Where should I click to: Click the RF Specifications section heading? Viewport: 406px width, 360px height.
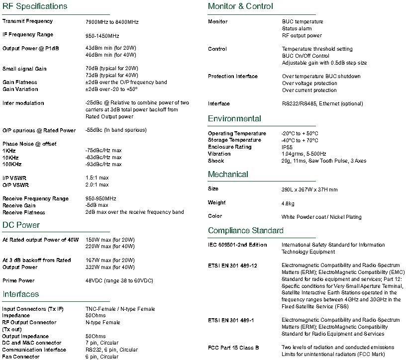click(x=35, y=6)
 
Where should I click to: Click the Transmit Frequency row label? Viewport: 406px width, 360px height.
click(x=27, y=21)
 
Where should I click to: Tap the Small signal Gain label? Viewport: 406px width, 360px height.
click(x=24, y=69)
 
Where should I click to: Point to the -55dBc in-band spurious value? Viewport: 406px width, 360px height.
click(x=116, y=130)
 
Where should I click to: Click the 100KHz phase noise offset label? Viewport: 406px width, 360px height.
click(x=12, y=164)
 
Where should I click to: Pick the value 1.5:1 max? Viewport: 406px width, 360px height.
click(x=97, y=178)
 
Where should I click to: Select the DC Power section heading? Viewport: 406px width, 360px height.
click(x=21, y=225)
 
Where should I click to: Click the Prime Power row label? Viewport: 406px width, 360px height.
click(x=18, y=280)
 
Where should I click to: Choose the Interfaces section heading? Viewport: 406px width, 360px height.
click(x=20, y=294)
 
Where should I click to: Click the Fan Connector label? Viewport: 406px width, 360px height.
click(x=21, y=357)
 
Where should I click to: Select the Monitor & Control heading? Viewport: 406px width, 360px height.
click(x=240, y=6)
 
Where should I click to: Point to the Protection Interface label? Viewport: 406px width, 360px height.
click(x=233, y=76)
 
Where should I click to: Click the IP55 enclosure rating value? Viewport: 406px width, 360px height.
click(x=288, y=147)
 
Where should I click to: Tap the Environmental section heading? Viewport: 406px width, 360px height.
click(x=234, y=119)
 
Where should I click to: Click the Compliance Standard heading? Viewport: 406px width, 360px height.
click(x=246, y=231)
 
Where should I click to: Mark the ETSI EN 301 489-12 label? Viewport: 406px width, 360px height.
click(x=232, y=266)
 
